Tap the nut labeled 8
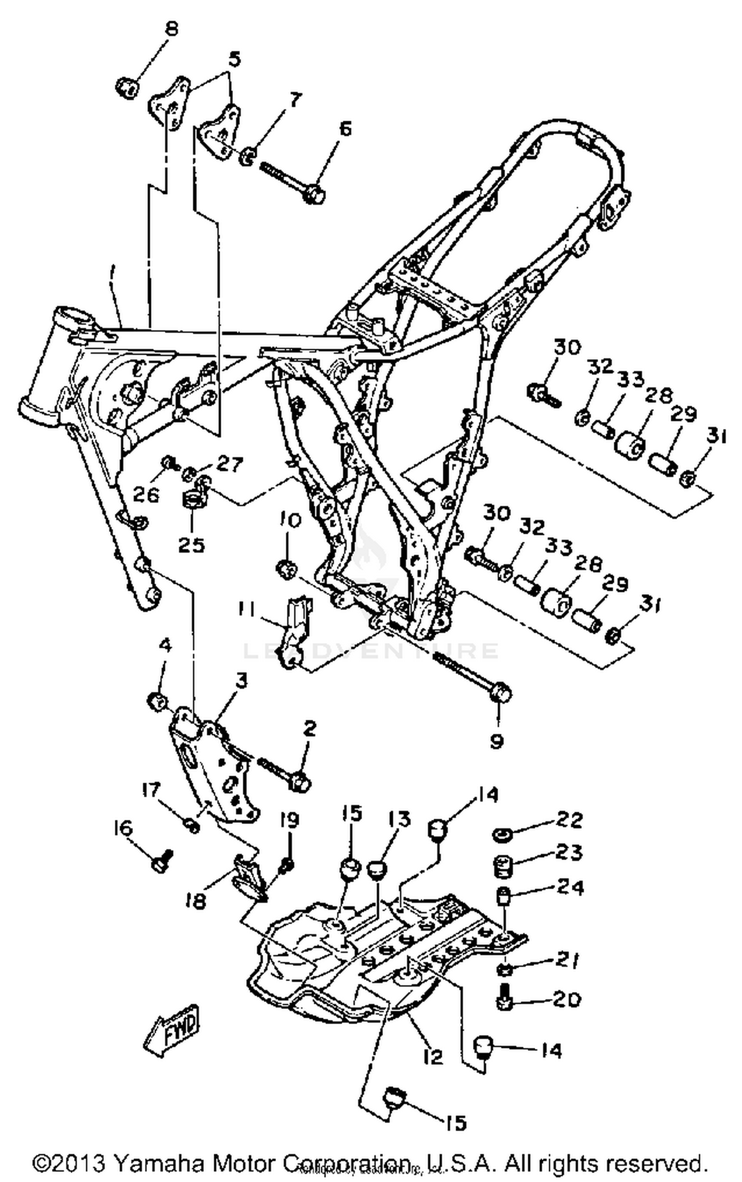tap(127, 89)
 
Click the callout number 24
tap(570, 887)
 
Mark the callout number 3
tap(241, 681)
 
